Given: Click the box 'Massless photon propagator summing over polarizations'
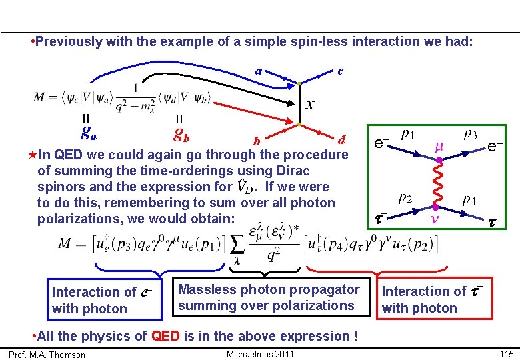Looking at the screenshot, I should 269,297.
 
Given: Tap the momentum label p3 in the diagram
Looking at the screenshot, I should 470,134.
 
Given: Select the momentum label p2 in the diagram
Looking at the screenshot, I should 405,199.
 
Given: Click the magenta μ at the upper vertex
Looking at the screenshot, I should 439,143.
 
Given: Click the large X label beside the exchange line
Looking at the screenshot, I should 309,104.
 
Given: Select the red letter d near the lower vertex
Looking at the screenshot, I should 342,140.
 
